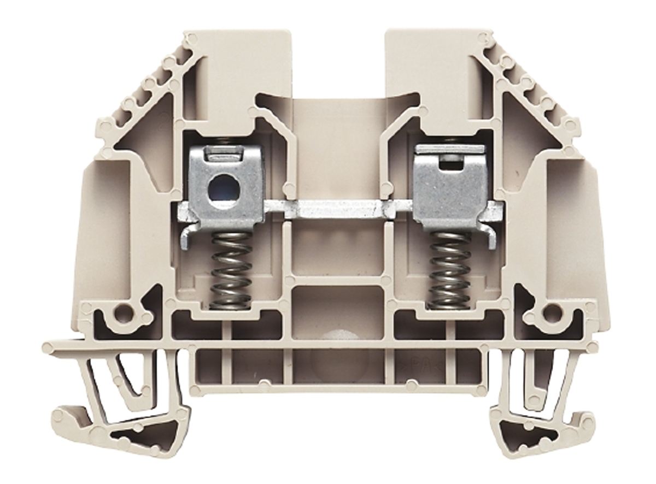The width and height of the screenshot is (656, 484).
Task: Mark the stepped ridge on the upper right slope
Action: click(x=528, y=82)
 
